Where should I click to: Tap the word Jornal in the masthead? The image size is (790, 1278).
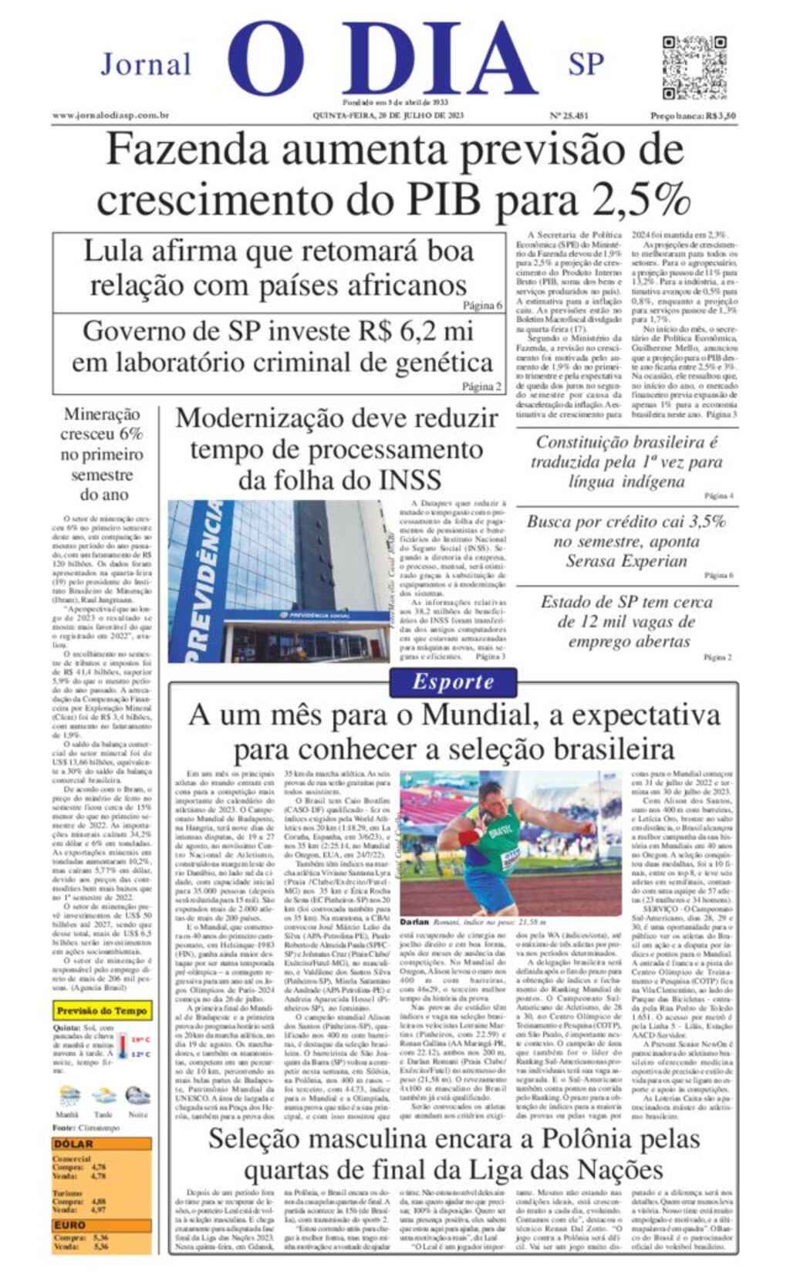point(146,64)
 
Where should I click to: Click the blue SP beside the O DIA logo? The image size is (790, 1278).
point(586,64)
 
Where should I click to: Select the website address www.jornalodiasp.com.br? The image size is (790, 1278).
point(111,116)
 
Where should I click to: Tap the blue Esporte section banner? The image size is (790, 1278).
point(453,681)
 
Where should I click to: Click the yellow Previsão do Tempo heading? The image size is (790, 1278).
point(102,1010)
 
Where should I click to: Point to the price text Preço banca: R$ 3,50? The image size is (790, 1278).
point(693,116)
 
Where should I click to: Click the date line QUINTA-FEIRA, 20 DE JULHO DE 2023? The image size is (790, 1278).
point(388,116)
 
